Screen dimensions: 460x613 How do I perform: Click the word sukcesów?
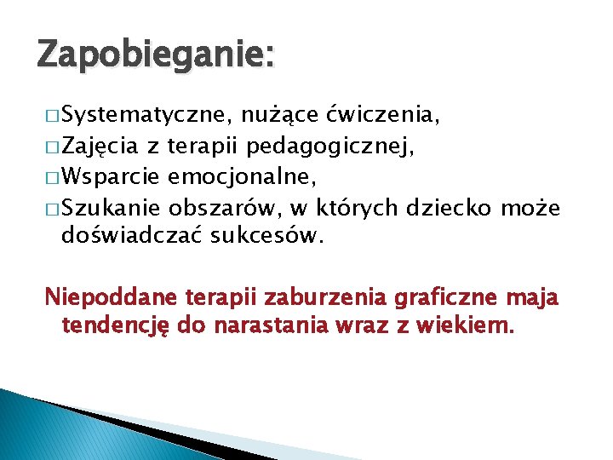pyautogui.click(x=268, y=235)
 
